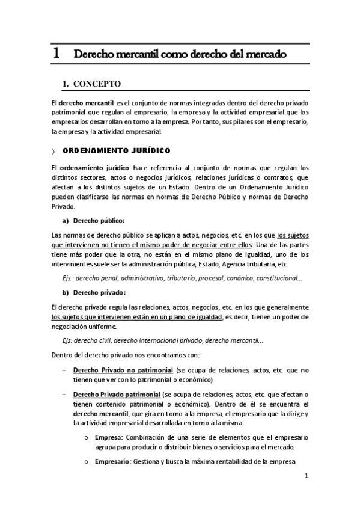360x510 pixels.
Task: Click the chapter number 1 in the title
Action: coord(56,53)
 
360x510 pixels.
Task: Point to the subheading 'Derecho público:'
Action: coord(98,220)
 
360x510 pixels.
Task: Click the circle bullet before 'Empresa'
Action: coord(87,437)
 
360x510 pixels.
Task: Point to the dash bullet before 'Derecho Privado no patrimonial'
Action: coord(64,370)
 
